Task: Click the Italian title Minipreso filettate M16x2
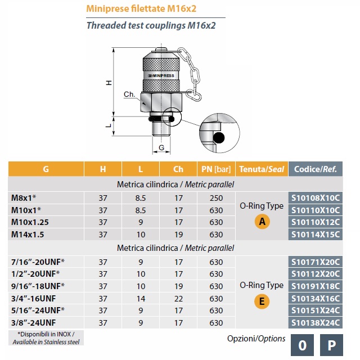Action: coord(141,9)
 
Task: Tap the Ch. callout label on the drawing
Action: coord(129,94)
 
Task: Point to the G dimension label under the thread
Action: coord(161,147)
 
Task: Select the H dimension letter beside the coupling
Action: coord(109,83)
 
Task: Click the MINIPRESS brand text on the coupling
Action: coord(161,75)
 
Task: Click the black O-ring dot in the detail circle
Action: coord(219,138)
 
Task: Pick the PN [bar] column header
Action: coord(216,169)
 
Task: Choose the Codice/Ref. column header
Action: coord(315,169)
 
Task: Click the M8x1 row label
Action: coord(24,197)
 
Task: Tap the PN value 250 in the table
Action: coord(216,198)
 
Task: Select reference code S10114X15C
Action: coord(315,235)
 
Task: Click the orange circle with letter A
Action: coord(262,222)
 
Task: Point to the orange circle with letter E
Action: coord(262,301)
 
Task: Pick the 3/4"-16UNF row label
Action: coord(34,299)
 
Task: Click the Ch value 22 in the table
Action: coord(178,299)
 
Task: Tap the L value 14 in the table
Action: coord(141,299)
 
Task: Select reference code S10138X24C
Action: coord(315,322)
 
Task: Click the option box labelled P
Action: coord(331,345)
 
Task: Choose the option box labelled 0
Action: coord(302,345)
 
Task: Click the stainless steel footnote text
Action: coord(46,338)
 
